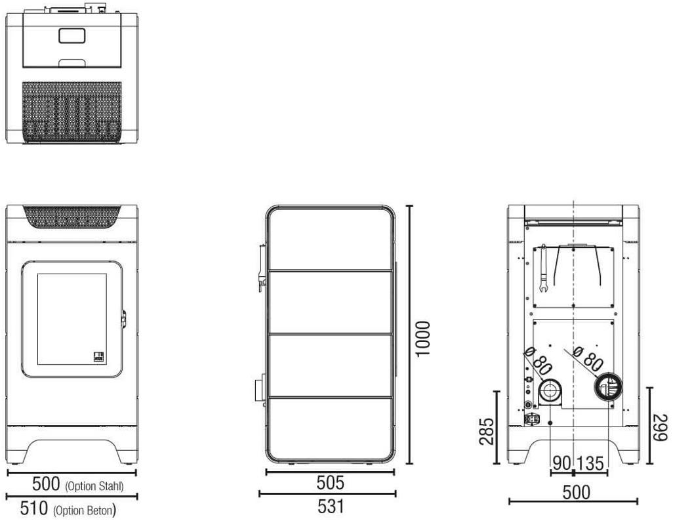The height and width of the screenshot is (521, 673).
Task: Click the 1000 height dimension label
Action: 423,338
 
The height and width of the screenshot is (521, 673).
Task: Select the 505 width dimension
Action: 330,483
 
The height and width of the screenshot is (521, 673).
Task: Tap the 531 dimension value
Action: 331,507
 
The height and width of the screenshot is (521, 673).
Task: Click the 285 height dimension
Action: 487,431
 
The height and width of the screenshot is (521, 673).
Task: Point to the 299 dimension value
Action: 661,427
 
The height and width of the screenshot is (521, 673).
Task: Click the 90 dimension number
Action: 561,463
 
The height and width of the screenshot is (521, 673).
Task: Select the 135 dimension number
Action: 590,463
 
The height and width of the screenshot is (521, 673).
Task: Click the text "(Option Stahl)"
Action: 94,486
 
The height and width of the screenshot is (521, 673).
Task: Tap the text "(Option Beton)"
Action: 85,511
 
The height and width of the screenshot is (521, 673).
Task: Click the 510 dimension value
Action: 34,508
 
